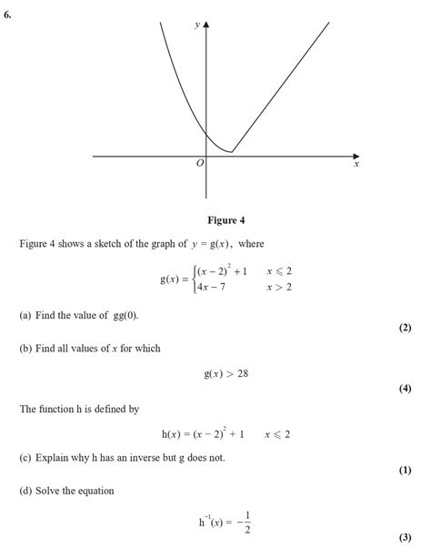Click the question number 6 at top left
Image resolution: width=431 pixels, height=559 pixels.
coord(7,14)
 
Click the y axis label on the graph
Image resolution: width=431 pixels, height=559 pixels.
coord(197,26)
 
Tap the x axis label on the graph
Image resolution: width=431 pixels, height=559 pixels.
coord(356,166)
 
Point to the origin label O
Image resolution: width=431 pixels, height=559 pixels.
coord(199,163)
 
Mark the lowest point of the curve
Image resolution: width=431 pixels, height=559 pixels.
coord(231,152)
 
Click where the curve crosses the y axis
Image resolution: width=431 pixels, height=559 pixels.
coord(207,134)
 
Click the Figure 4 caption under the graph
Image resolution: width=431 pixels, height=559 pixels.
coord(226,220)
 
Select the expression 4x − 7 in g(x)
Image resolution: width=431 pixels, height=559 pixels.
coord(215,287)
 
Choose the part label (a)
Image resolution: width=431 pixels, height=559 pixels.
coord(26,315)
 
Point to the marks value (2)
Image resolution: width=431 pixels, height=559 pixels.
coord(406,328)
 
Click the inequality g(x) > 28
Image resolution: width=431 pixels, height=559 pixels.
coord(226,374)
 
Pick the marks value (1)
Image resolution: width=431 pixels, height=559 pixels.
coord(406,471)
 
